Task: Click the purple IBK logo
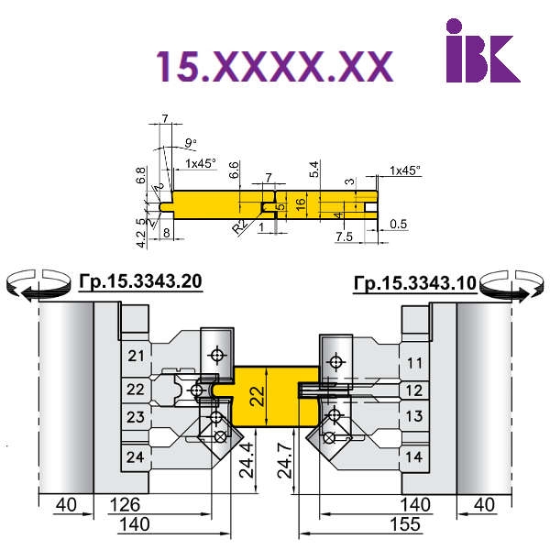pyautogui.click(x=483, y=50)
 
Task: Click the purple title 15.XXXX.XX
pyautogui.click(x=275, y=66)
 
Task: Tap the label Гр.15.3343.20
pyautogui.click(x=140, y=281)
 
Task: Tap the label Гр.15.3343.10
pyautogui.click(x=415, y=282)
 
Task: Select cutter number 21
pyautogui.click(x=136, y=356)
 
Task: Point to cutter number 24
pyautogui.click(x=136, y=457)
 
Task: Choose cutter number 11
pyautogui.click(x=414, y=363)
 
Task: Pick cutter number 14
pyautogui.click(x=414, y=456)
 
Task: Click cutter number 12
pyautogui.click(x=414, y=390)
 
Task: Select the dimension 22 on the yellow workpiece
pyautogui.click(x=258, y=396)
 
